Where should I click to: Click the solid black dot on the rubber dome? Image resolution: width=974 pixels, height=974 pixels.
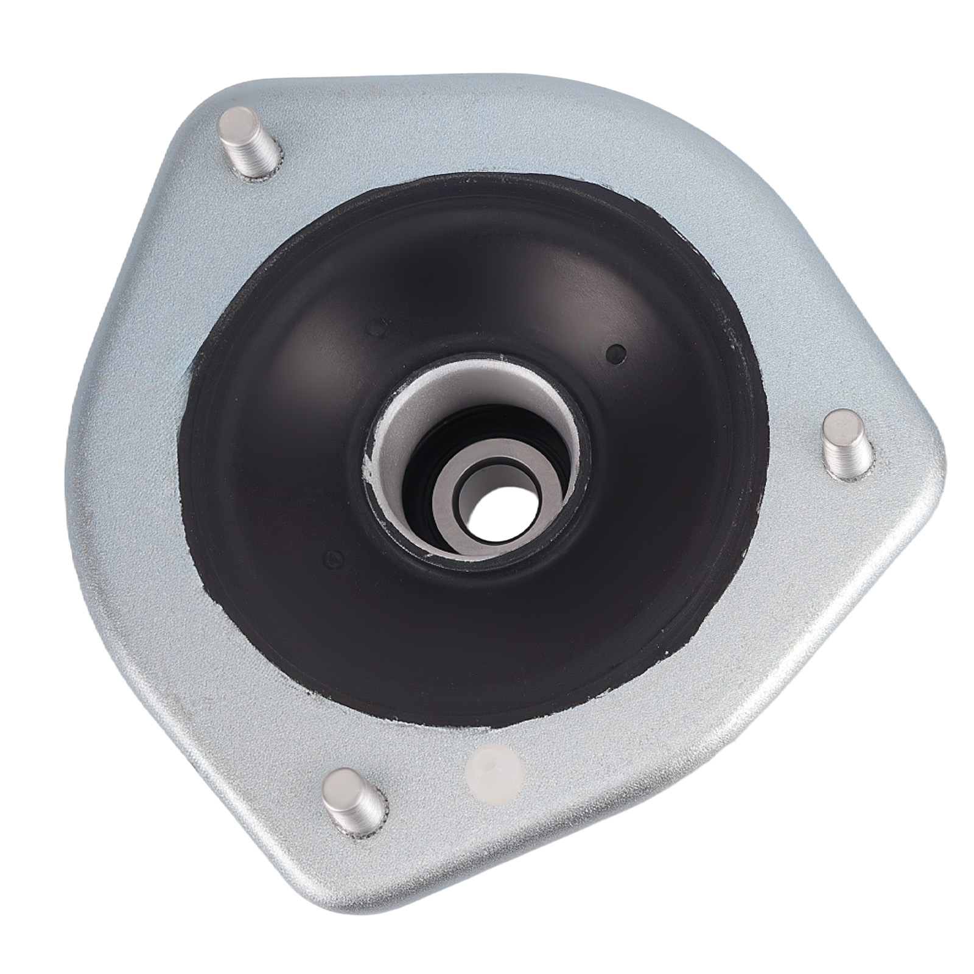pos(617,352)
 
